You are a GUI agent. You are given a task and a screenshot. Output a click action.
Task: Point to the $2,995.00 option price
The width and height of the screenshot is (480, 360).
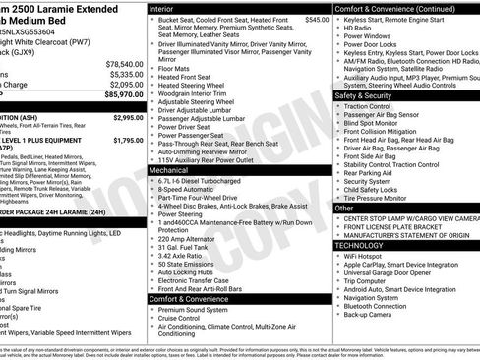127,117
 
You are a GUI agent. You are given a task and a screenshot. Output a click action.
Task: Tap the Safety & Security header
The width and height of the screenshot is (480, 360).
363,96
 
